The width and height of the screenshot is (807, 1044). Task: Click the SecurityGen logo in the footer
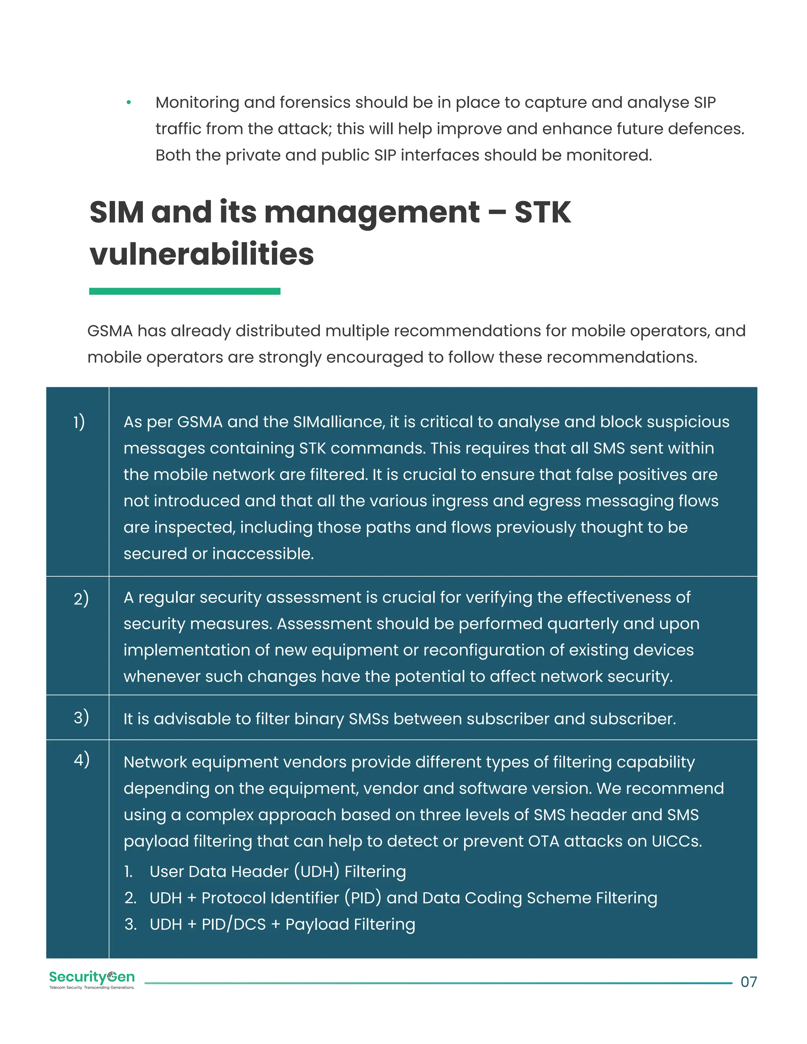pos(92,979)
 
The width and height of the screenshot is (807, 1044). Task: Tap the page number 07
pos(748,982)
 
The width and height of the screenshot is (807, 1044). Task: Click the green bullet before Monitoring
pos(128,102)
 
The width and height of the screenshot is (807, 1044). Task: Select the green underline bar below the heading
pos(184,291)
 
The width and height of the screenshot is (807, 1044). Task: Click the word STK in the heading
pos(542,212)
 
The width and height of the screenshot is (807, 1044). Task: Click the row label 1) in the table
pos(79,422)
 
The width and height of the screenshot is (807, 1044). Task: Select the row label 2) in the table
pos(81,598)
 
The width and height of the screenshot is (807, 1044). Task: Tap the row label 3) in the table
pos(81,717)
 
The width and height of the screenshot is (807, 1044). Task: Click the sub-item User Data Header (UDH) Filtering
pos(277,871)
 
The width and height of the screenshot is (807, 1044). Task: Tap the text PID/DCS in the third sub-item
pos(233,925)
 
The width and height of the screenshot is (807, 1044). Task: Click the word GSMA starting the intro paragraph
pos(110,331)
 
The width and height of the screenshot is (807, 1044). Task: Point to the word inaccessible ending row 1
pos(262,554)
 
